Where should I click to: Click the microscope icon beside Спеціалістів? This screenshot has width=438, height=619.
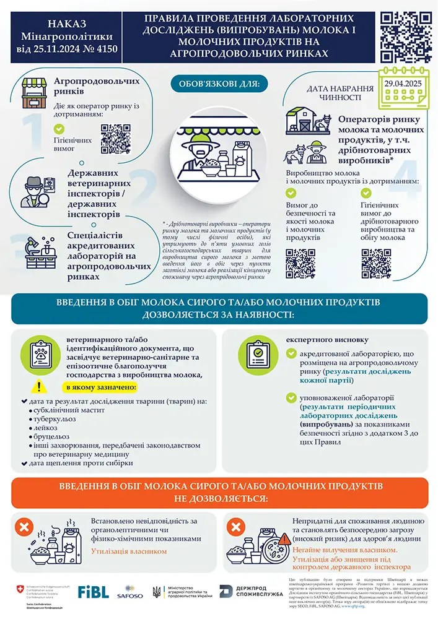tap(36, 248)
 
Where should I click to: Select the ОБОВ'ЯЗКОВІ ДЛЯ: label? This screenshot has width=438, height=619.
tap(218, 82)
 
